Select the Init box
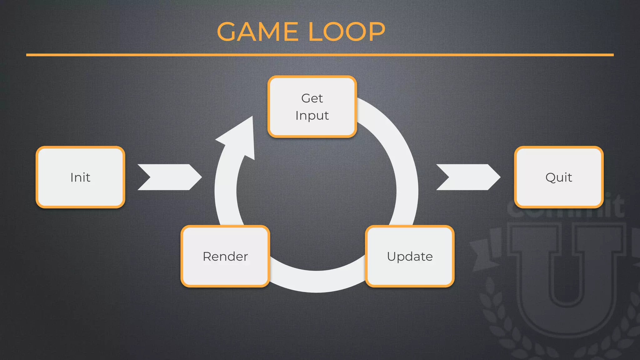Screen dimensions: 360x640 (80, 177)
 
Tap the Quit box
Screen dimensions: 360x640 (559, 177)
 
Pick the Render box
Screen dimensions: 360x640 (225, 256)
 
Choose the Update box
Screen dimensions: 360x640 (410, 256)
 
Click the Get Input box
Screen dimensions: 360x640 (312, 107)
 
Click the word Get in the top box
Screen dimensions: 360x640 (312, 98)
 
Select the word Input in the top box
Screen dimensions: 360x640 (312, 116)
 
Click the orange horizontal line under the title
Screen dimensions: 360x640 (320, 55)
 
